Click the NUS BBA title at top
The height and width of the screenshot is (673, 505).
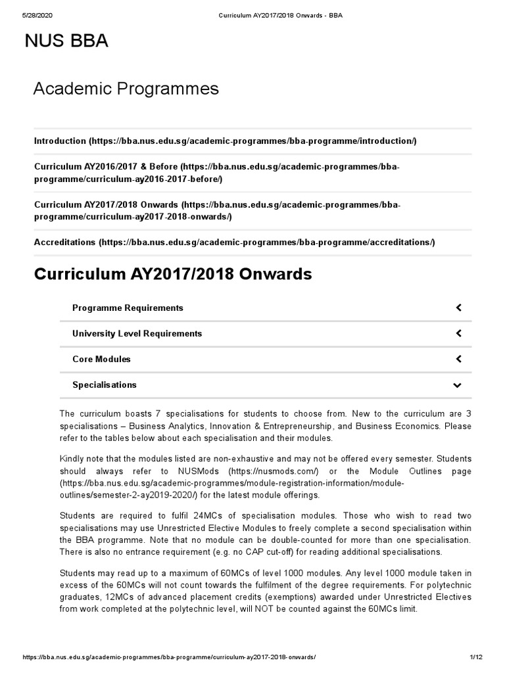66,41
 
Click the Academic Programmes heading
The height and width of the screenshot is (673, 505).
126,88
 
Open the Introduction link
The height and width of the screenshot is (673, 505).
225,141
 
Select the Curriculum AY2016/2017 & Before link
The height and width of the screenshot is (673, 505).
217,173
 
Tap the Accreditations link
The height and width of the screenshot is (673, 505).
234,242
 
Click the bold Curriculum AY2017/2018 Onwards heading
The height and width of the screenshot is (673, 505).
172,274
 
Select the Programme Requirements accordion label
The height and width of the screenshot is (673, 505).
128,308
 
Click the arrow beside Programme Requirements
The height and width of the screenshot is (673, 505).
458,308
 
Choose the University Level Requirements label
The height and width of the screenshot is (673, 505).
137,333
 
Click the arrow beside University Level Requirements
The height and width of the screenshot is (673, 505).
458,333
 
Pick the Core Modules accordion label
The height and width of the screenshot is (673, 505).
101,359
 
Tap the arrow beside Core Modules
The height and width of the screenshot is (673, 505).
458,359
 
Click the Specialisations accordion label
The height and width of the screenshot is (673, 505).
105,384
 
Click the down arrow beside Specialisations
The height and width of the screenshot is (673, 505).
458,385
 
